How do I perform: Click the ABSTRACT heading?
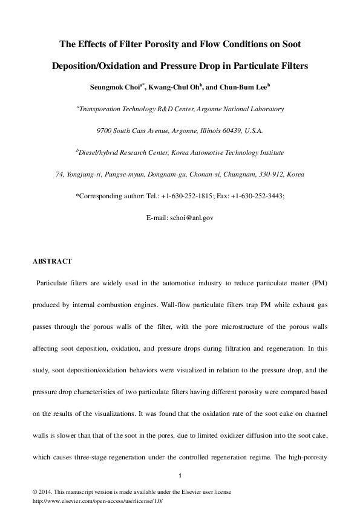[52, 261]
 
